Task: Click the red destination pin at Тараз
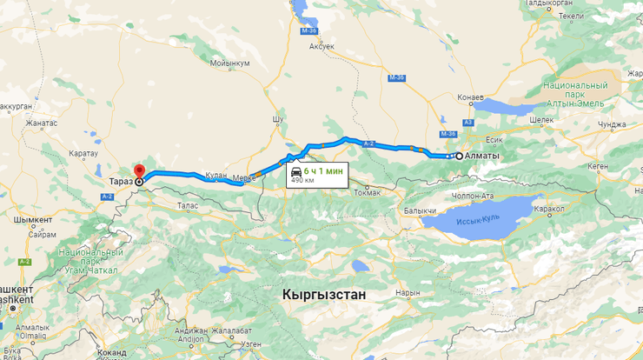point(138,170)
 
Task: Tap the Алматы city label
point(483,156)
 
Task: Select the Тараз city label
point(122,181)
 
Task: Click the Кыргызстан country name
point(324,295)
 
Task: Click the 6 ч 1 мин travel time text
point(323,171)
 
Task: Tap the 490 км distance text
point(302,181)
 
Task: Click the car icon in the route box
point(296,171)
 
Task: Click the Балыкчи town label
point(420,210)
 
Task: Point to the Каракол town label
point(550,210)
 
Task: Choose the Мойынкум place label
point(230,63)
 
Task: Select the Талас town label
point(188,206)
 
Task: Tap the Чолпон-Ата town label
point(472,196)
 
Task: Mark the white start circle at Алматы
point(459,156)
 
